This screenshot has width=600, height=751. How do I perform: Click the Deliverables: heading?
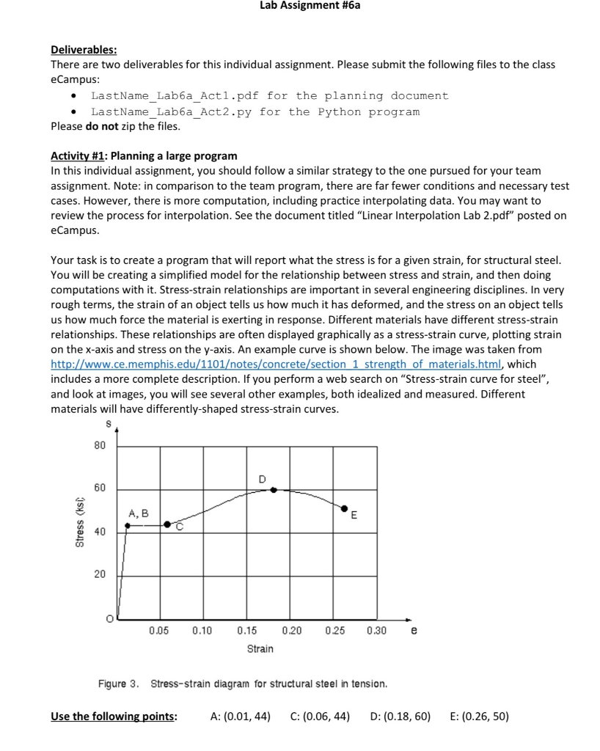[83, 50]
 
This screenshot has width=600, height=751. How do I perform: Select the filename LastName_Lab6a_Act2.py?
[169, 112]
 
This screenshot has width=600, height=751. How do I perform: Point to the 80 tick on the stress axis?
[100, 445]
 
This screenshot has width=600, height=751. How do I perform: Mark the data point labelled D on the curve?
[274, 489]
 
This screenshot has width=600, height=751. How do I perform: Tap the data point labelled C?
[167, 524]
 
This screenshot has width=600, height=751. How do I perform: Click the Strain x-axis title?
[260, 648]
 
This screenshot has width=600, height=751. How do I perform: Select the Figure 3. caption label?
[119, 684]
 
